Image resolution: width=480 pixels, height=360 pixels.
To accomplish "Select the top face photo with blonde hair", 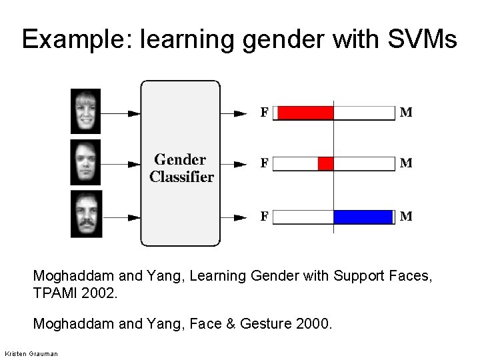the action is [86, 112].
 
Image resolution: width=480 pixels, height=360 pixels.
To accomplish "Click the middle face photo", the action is [86, 162].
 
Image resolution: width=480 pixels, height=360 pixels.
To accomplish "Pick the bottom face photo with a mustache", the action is [86, 213].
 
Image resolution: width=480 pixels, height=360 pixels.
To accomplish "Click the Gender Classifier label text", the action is [181, 168].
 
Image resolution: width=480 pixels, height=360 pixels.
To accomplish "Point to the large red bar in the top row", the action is [304, 113].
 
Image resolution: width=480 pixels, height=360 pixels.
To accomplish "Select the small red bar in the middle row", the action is [325, 163].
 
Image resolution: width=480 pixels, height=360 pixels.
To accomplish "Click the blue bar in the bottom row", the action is [363, 217].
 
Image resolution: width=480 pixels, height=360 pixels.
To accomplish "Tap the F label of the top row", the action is [265, 113].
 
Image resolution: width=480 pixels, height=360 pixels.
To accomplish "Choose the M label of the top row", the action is [405, 113].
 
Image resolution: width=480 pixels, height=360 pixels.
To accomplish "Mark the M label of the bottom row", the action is [405, 217].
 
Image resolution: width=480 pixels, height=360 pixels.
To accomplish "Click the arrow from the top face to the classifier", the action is [120, 113].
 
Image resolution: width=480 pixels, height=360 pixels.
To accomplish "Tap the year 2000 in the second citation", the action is [314, 324].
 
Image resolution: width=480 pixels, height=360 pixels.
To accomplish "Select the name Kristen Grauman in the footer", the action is [31, 352].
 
